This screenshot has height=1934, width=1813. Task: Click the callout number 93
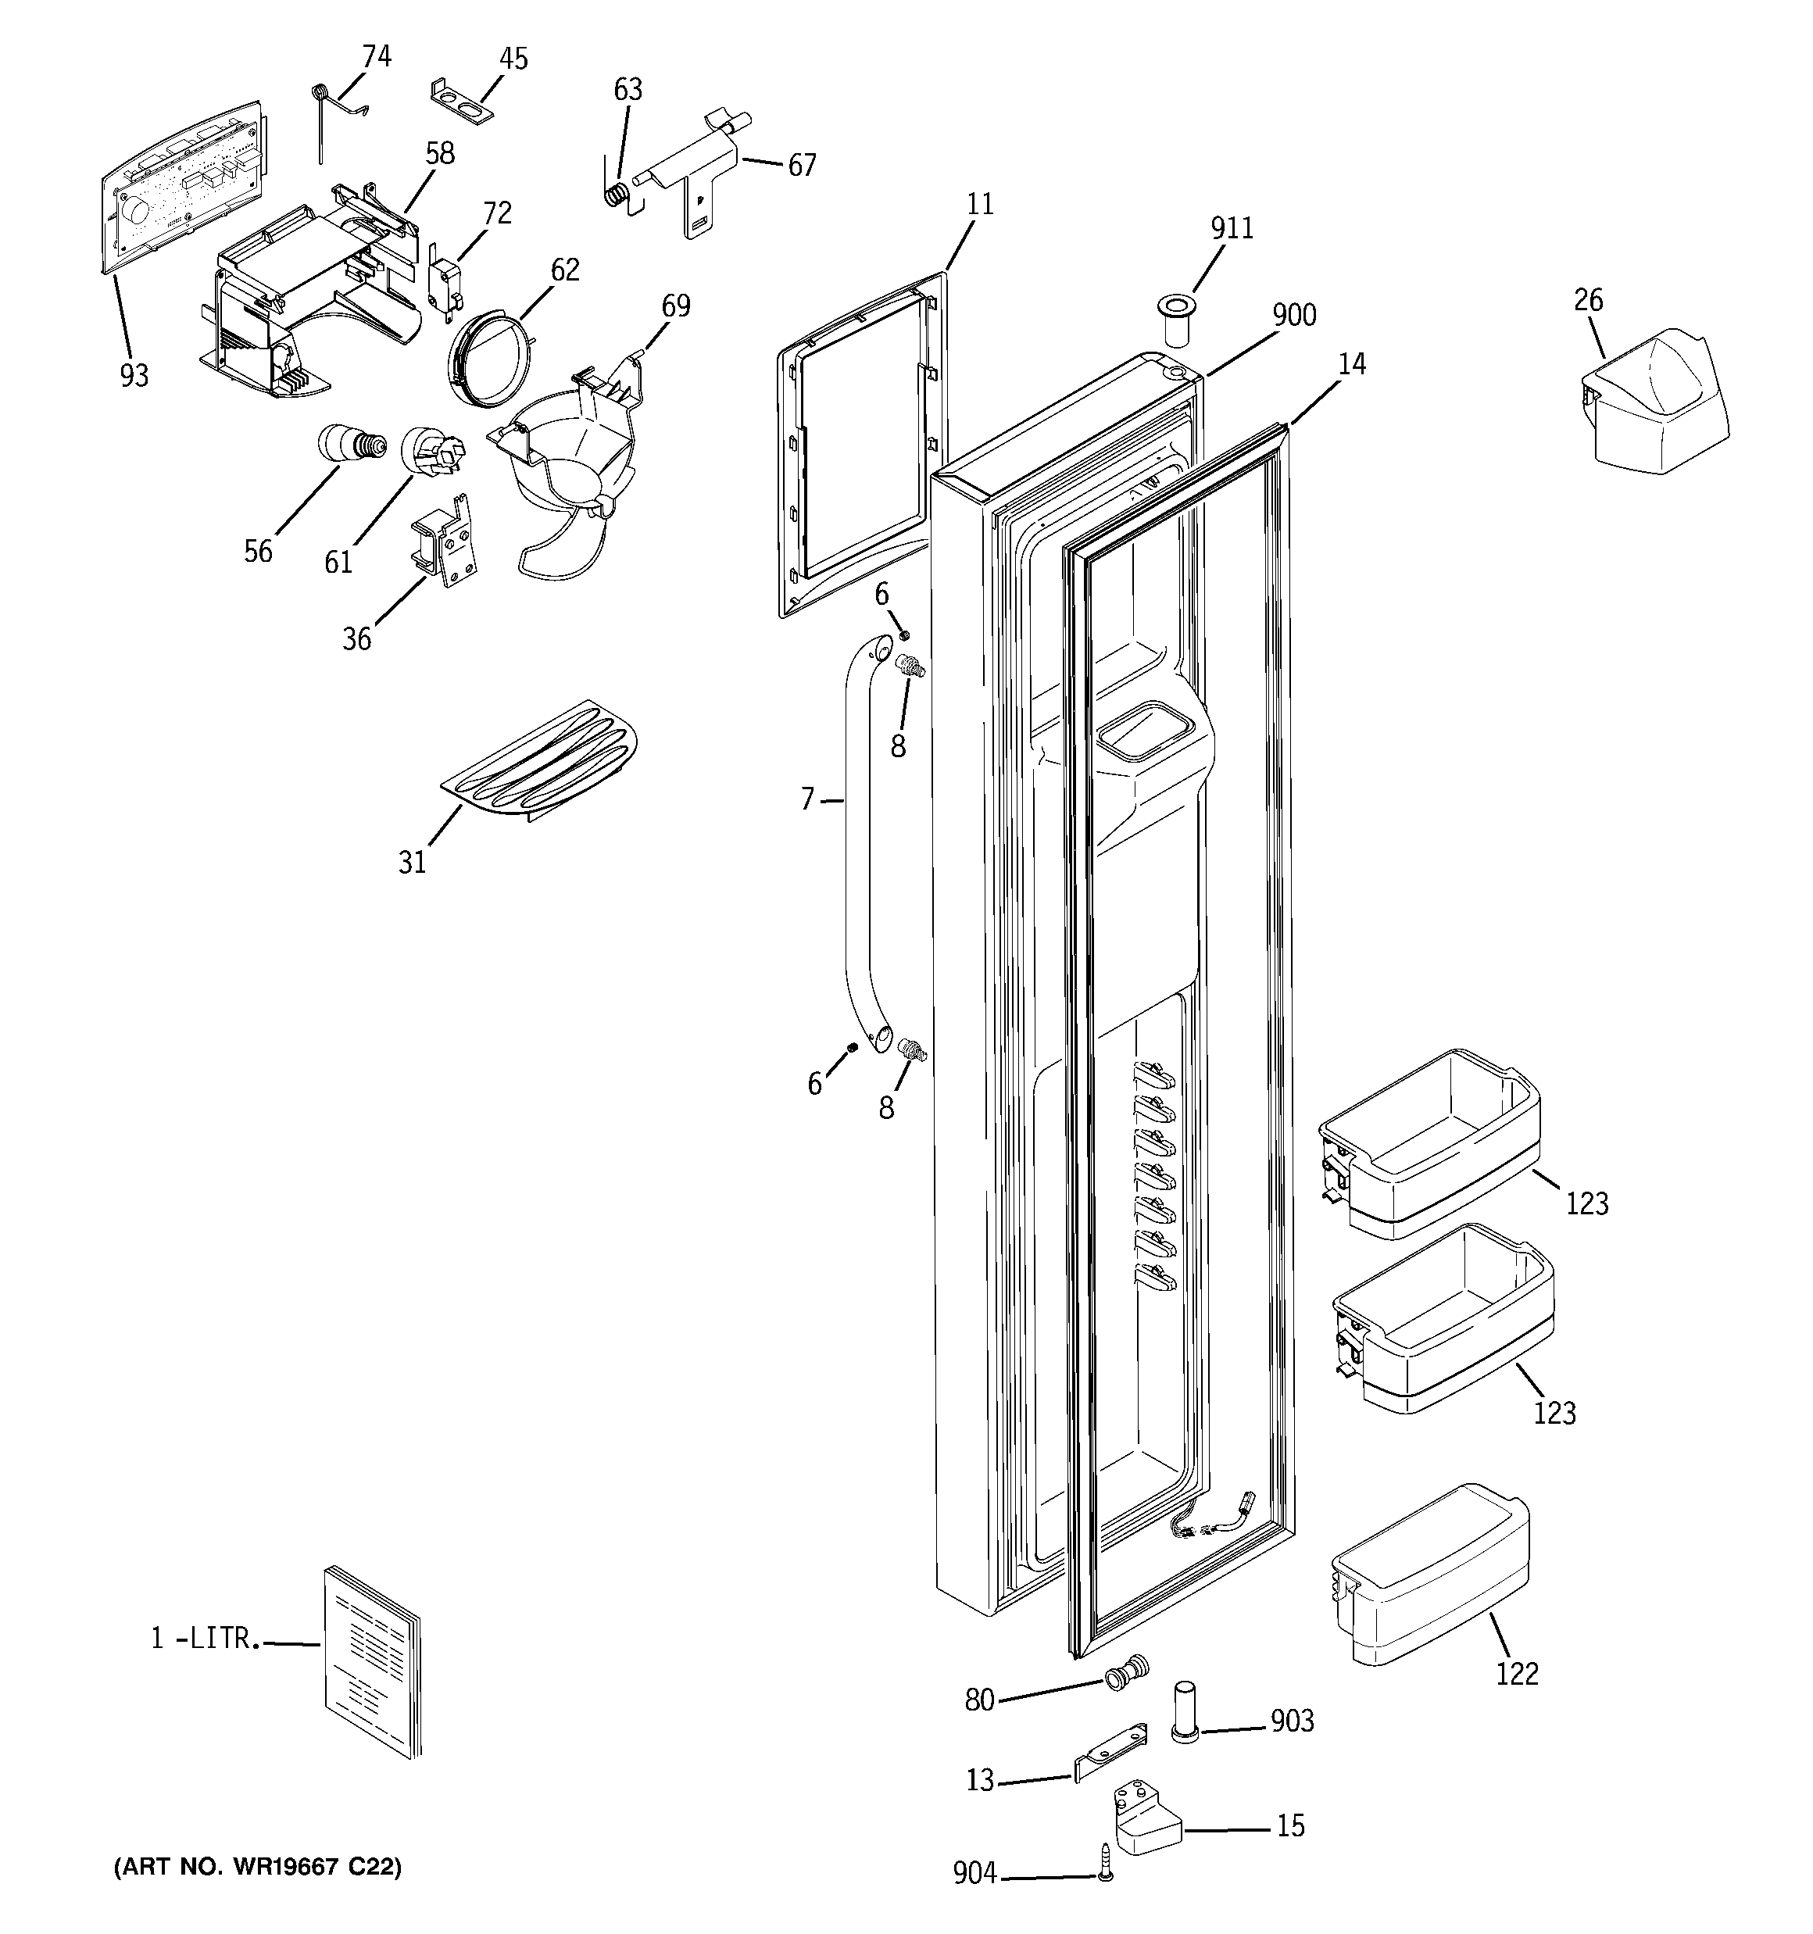coord(134,374)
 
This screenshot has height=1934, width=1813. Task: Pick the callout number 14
coord(1352,364)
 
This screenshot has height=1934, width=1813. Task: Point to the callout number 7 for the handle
coord(806,799)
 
